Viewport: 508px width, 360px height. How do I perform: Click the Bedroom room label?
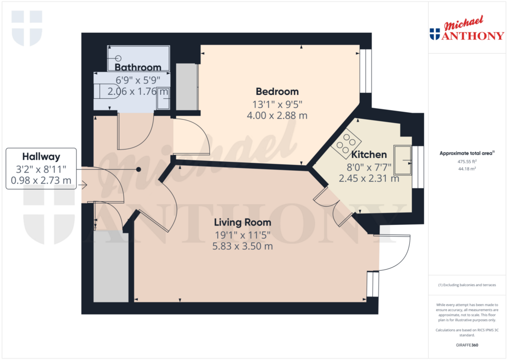(277, 91)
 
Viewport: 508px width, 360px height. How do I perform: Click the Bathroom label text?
(138, 67)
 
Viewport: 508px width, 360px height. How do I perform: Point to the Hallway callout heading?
(41, 156)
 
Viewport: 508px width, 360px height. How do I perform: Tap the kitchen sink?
(403, 160)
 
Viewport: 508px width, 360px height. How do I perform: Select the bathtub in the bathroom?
(138, 59)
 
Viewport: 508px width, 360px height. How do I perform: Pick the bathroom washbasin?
(163, 101)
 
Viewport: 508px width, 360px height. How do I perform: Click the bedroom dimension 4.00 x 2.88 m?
(277, 115)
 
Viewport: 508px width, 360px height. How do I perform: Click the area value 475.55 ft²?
(467, 161)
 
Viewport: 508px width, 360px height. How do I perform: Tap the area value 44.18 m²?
(467, 169)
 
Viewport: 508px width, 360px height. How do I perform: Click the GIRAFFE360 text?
(467, 345)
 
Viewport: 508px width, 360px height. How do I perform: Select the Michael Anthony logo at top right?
(466, 30)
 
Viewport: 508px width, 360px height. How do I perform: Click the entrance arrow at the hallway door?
(83, 185)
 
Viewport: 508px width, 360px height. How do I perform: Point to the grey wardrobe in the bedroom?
(187, 87)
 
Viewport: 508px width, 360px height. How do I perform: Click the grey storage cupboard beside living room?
(111, 266)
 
